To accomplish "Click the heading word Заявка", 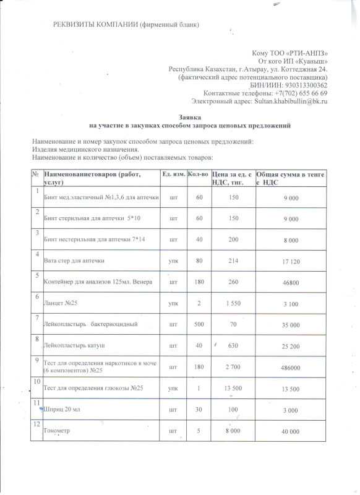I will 190,116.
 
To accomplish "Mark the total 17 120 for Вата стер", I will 291,262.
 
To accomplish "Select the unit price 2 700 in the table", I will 232,367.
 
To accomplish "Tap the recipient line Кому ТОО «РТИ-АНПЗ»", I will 289,53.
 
